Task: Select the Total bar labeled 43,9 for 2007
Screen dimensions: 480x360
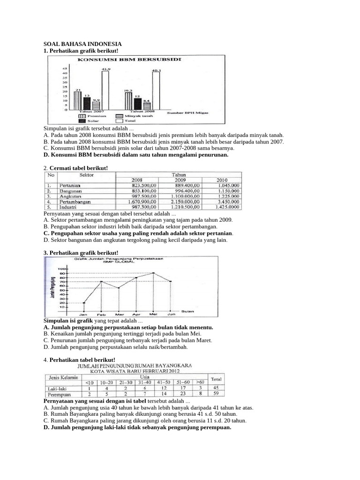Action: (105, 90)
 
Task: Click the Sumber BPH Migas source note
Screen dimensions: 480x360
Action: (188, 112)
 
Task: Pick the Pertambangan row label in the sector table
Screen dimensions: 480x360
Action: (75, 201)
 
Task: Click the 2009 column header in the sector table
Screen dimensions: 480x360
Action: (180, 180)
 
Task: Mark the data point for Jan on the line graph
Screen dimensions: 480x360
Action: (84, 302)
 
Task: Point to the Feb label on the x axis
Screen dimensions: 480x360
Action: (101, 315)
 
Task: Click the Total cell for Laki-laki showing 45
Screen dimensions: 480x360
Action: (216, 388)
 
